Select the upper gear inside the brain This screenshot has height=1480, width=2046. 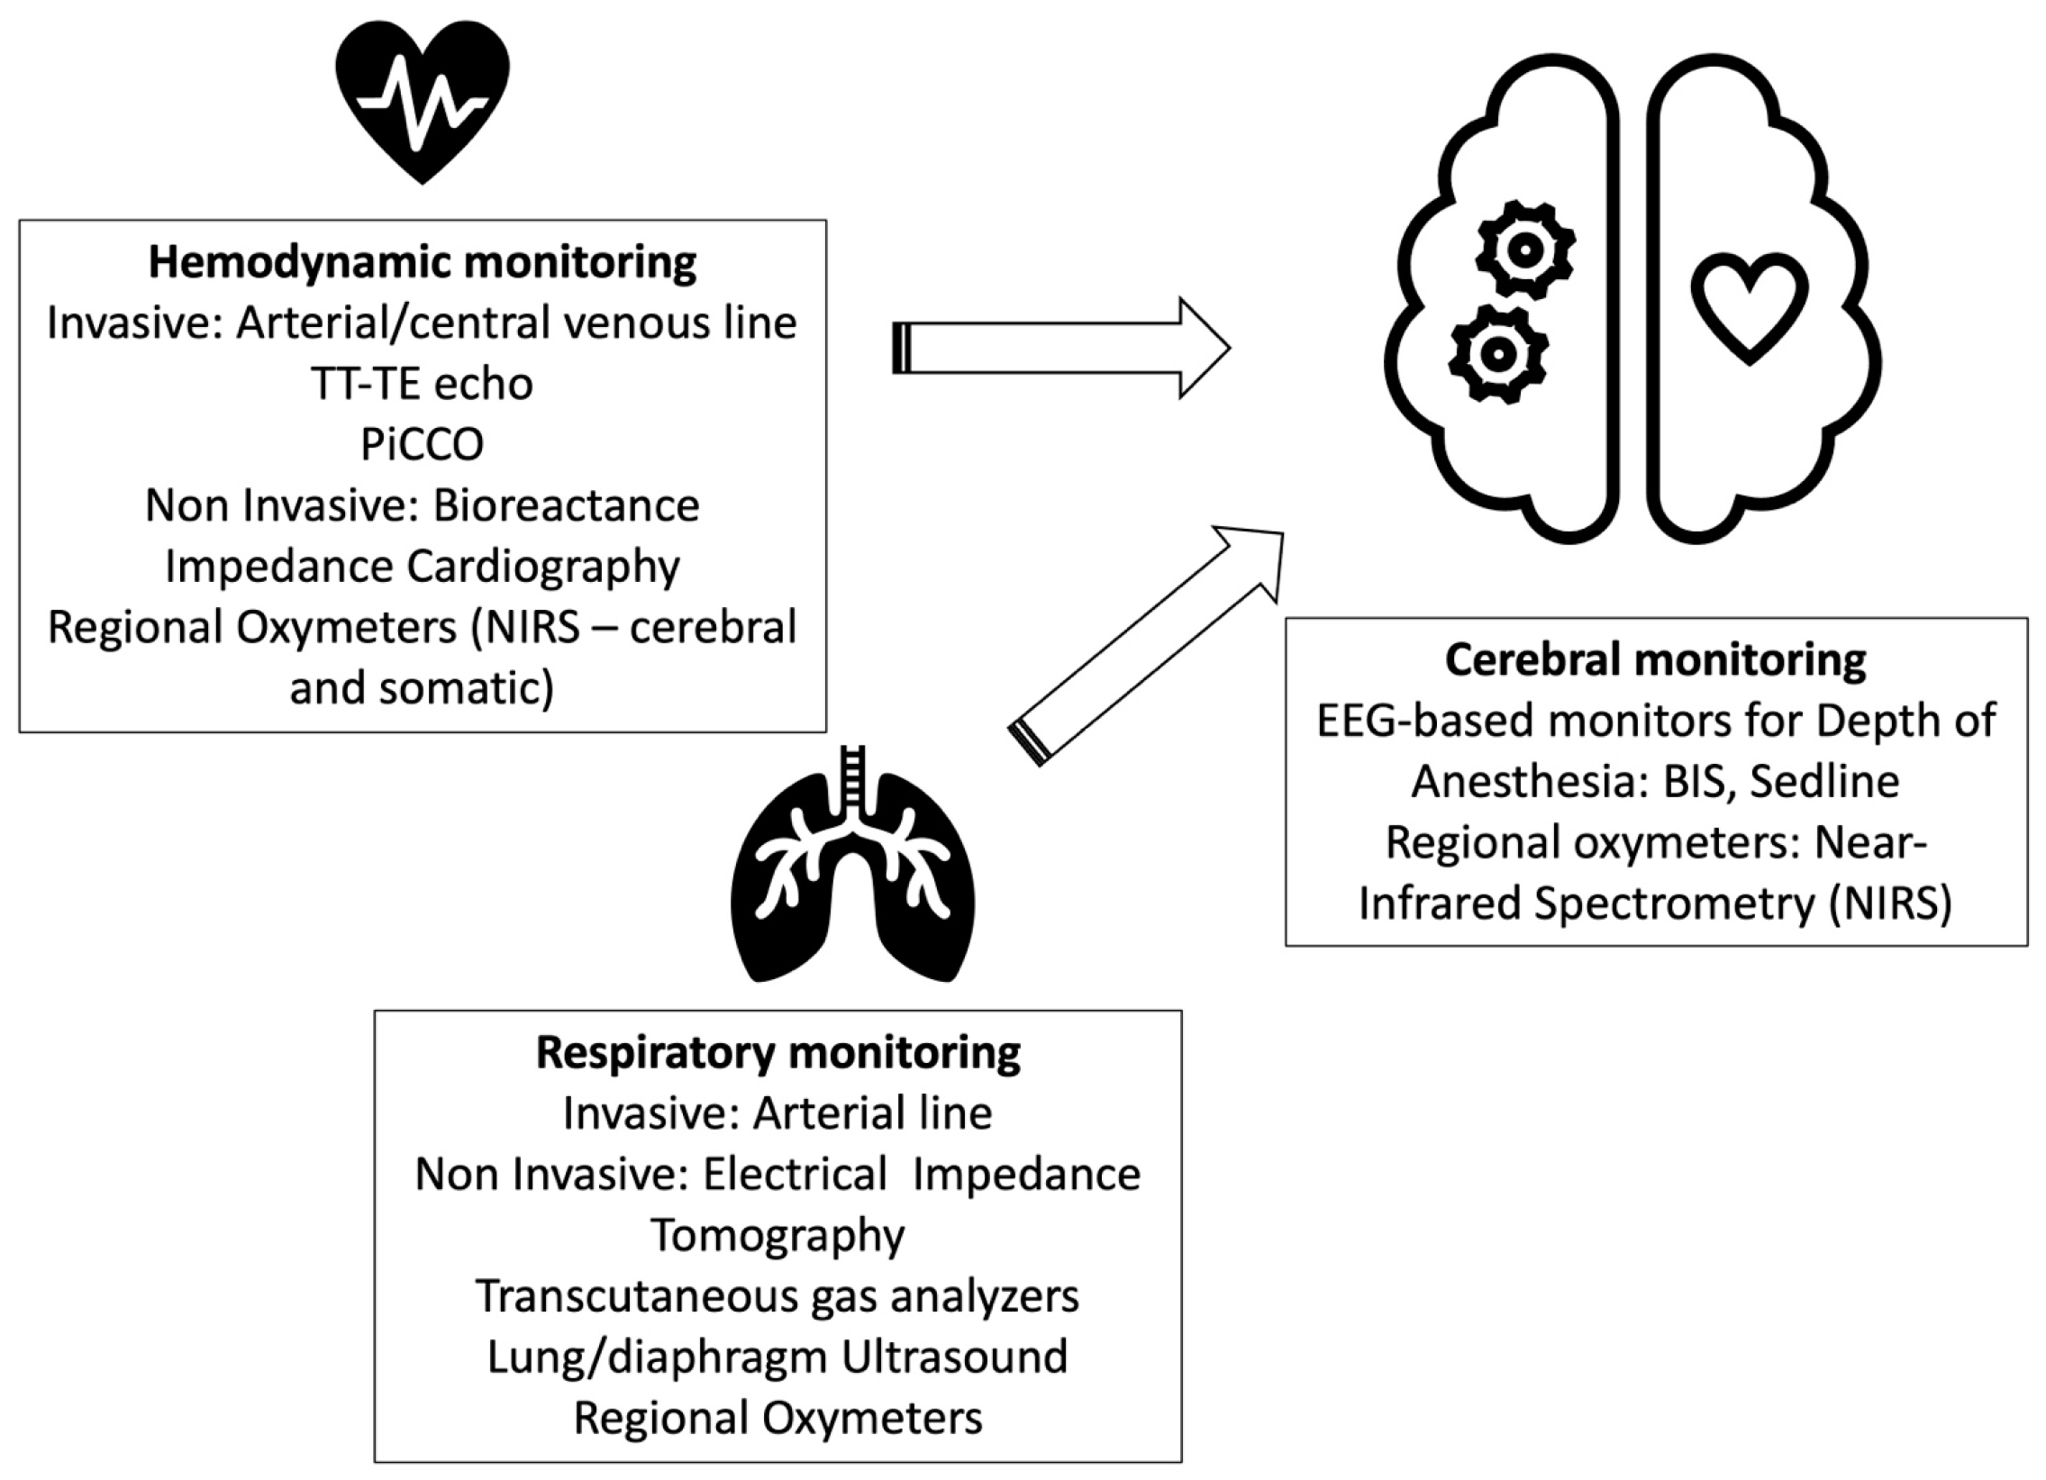click(x=1525, y=250)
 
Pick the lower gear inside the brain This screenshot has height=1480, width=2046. click(x=1498, y=353)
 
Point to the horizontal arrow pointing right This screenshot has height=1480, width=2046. click(x=1061, y=347)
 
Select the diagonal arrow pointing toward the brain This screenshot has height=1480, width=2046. click(x=1146, y=646)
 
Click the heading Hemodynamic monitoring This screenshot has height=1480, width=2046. click(x=423, y=262)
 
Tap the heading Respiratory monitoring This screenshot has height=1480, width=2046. click(x=778, y=1052)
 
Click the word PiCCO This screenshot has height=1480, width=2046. click(x=423, y=444)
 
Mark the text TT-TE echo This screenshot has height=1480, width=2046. click(x=423, y=384)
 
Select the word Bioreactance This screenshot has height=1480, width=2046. click(x=567, y=505)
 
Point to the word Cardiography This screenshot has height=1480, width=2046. click(x=543, y=567)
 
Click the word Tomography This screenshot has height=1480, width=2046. click(x=777, y=1236)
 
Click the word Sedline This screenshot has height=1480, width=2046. click(x=1825, y=780)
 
